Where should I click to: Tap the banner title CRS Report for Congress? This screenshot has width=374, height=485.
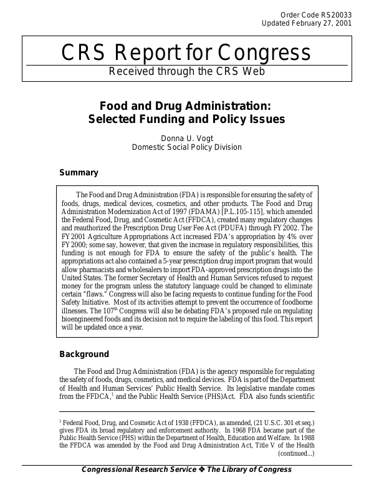click(186, 52)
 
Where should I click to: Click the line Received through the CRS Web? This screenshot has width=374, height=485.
click(186, 71)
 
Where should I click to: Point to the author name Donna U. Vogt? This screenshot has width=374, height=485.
click(186, 137)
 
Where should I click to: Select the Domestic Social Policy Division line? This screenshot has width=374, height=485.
click(186, 147)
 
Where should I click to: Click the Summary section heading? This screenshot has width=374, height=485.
click(79, 172)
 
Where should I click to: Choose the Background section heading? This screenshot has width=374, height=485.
click(84, 354)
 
